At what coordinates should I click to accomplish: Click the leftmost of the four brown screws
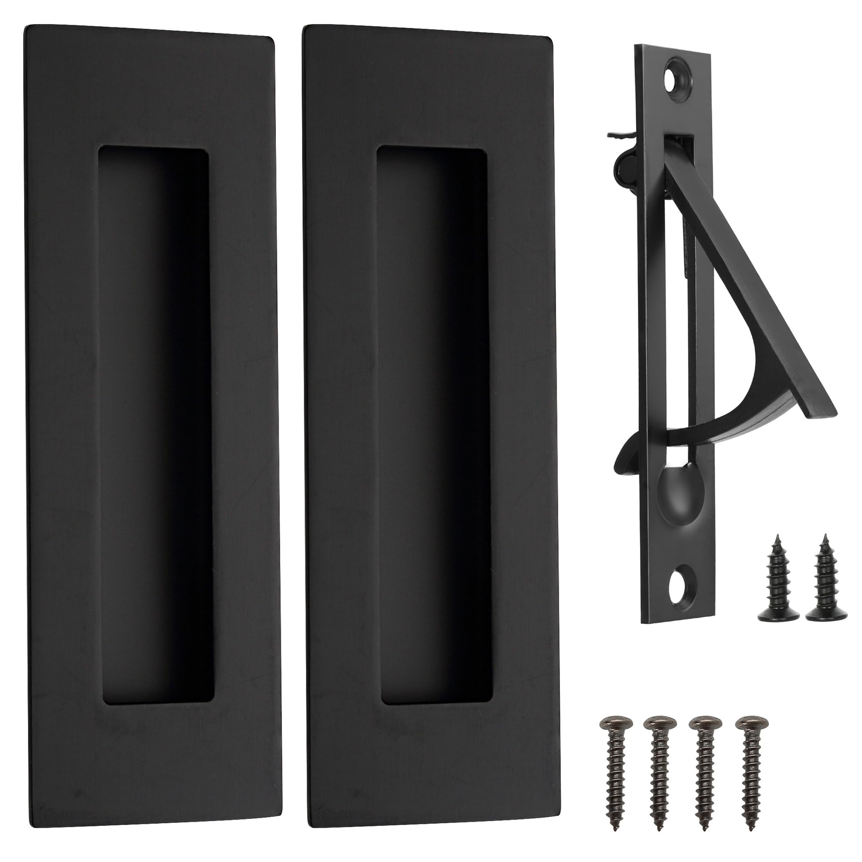tap(615, 765)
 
